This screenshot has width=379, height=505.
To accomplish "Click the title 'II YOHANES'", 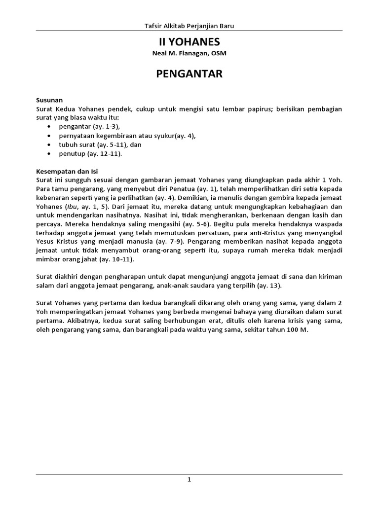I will point(189,42).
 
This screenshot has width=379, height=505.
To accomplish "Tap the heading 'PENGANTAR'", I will point(189,74).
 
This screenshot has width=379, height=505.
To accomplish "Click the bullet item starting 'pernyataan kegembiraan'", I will point(127,136).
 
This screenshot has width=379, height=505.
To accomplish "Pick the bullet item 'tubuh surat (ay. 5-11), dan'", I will point(100,144).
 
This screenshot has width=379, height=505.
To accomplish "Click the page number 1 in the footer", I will point(189,479).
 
